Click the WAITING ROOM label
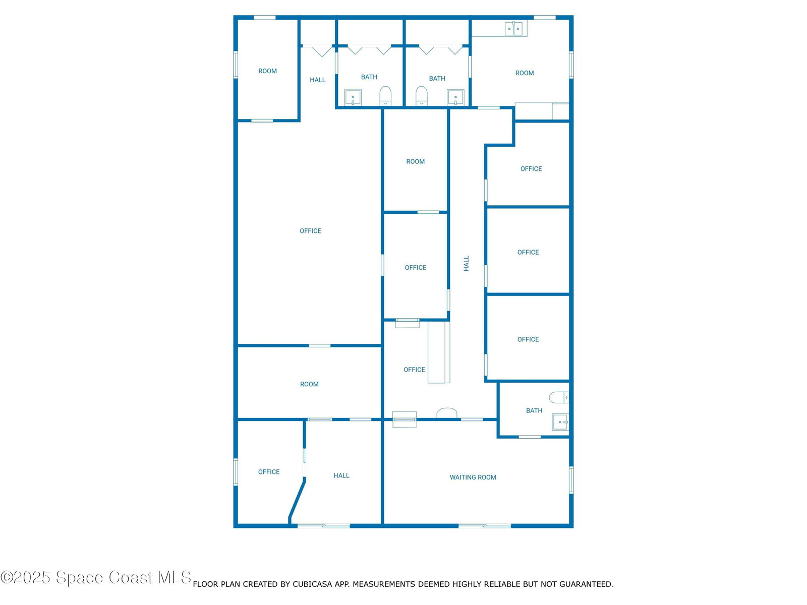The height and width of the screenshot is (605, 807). tap(473, 477)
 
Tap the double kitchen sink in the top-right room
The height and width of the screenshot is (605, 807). tap(513, 28)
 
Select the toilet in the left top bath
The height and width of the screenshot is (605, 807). tap(385, 96)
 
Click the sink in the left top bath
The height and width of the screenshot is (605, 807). tap(353, 97)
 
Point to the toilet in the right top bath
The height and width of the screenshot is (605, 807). tap(421, 96)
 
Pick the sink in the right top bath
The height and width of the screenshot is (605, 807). tap(455, 97)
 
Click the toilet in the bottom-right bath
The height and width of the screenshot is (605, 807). tap(559, 397)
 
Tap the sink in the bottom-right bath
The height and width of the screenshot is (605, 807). tap(560, 422)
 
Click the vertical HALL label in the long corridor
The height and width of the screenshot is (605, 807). tap(466, 263)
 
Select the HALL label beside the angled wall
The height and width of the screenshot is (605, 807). tap(341, 475)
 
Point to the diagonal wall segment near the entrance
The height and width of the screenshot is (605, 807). tap(297, 500)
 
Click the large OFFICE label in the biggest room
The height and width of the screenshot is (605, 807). tap(310, 231)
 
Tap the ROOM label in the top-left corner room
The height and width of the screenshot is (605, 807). tap(267, 71)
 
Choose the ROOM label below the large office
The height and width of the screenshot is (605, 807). tap(309, 384)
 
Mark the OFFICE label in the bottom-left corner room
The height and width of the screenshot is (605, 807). tap(269, 472)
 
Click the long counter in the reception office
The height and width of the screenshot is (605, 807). tap(439, 352)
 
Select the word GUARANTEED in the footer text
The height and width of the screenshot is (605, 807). tap(587, 584)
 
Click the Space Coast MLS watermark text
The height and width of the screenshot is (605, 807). tap(96, 577)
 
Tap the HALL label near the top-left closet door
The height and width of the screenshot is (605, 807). tap(317, 80)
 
